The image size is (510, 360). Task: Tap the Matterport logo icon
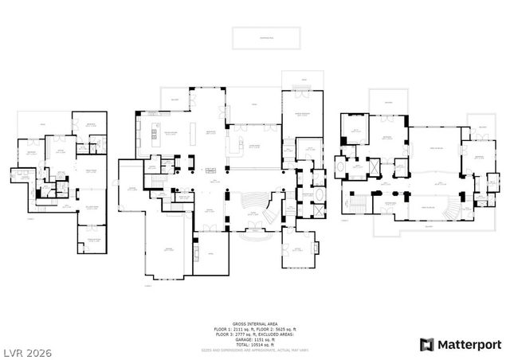click(x=427, y=344)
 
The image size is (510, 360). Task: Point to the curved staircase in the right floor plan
click(x=455, y=207)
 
